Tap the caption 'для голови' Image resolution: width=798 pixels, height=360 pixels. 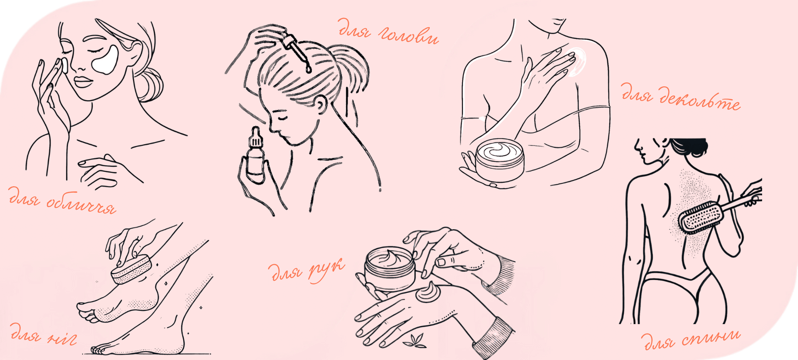tap(388, 33)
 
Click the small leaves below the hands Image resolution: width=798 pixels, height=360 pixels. tap(415, 341)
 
